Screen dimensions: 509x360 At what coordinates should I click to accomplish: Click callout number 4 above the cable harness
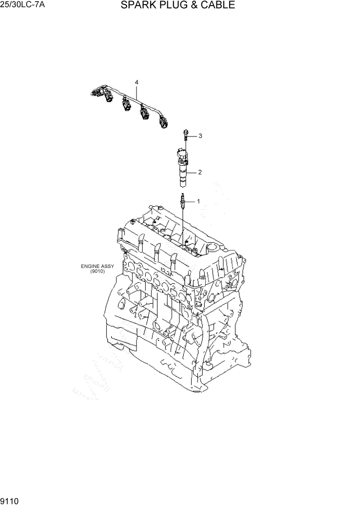coord(137,82)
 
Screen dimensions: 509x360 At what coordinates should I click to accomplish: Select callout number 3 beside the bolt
coord(201,136)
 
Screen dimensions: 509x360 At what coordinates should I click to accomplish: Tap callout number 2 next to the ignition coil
coord(199,172)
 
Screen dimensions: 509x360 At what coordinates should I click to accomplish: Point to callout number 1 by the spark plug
coord(199,201)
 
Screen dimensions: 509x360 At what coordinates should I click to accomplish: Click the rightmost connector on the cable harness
coord(164,123)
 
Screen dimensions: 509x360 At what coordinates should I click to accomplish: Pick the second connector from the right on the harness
coord(144,114)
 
